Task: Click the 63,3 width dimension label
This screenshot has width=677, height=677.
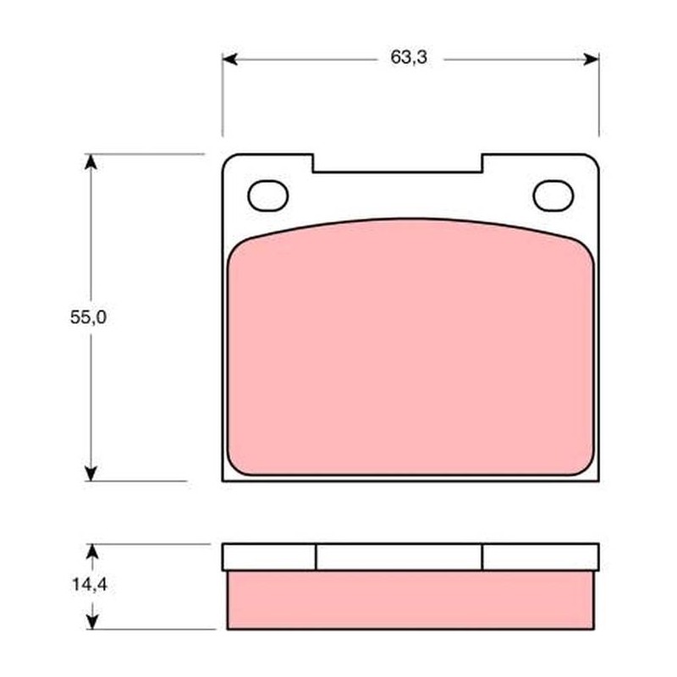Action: pos(409,57)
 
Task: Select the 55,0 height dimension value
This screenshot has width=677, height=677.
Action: pos(88,317)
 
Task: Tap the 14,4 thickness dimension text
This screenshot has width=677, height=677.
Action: pos(90,585)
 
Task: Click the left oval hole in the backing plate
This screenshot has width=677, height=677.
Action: pos(267,195)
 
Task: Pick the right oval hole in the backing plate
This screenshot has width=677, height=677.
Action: pos(553,195)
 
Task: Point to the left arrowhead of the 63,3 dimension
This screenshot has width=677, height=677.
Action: pos(229,59)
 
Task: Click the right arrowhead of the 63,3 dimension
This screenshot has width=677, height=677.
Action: pos(591,59)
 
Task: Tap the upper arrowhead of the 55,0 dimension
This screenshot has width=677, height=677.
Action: pos(91,162)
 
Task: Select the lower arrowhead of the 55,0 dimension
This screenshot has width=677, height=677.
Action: pos(91,473)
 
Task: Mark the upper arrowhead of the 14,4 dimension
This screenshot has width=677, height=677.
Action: pos(92,552)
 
